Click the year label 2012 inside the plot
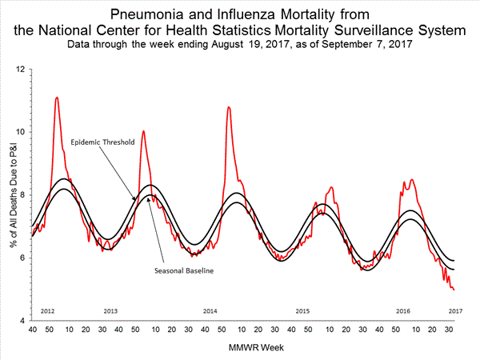point(47,310)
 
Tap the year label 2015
point(302,310)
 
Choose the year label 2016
point(403,310)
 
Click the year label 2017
point(454,310)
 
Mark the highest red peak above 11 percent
point(57,98)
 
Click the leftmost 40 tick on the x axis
point(33,330)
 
